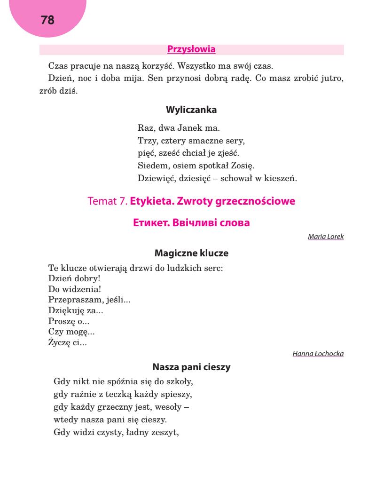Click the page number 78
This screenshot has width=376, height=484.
[x=48, y=20]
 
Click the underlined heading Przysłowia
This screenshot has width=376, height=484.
[x=191, y=49]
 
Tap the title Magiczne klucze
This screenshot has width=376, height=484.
[x=191, y=253]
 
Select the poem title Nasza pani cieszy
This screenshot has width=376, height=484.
[x=191, y=368]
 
